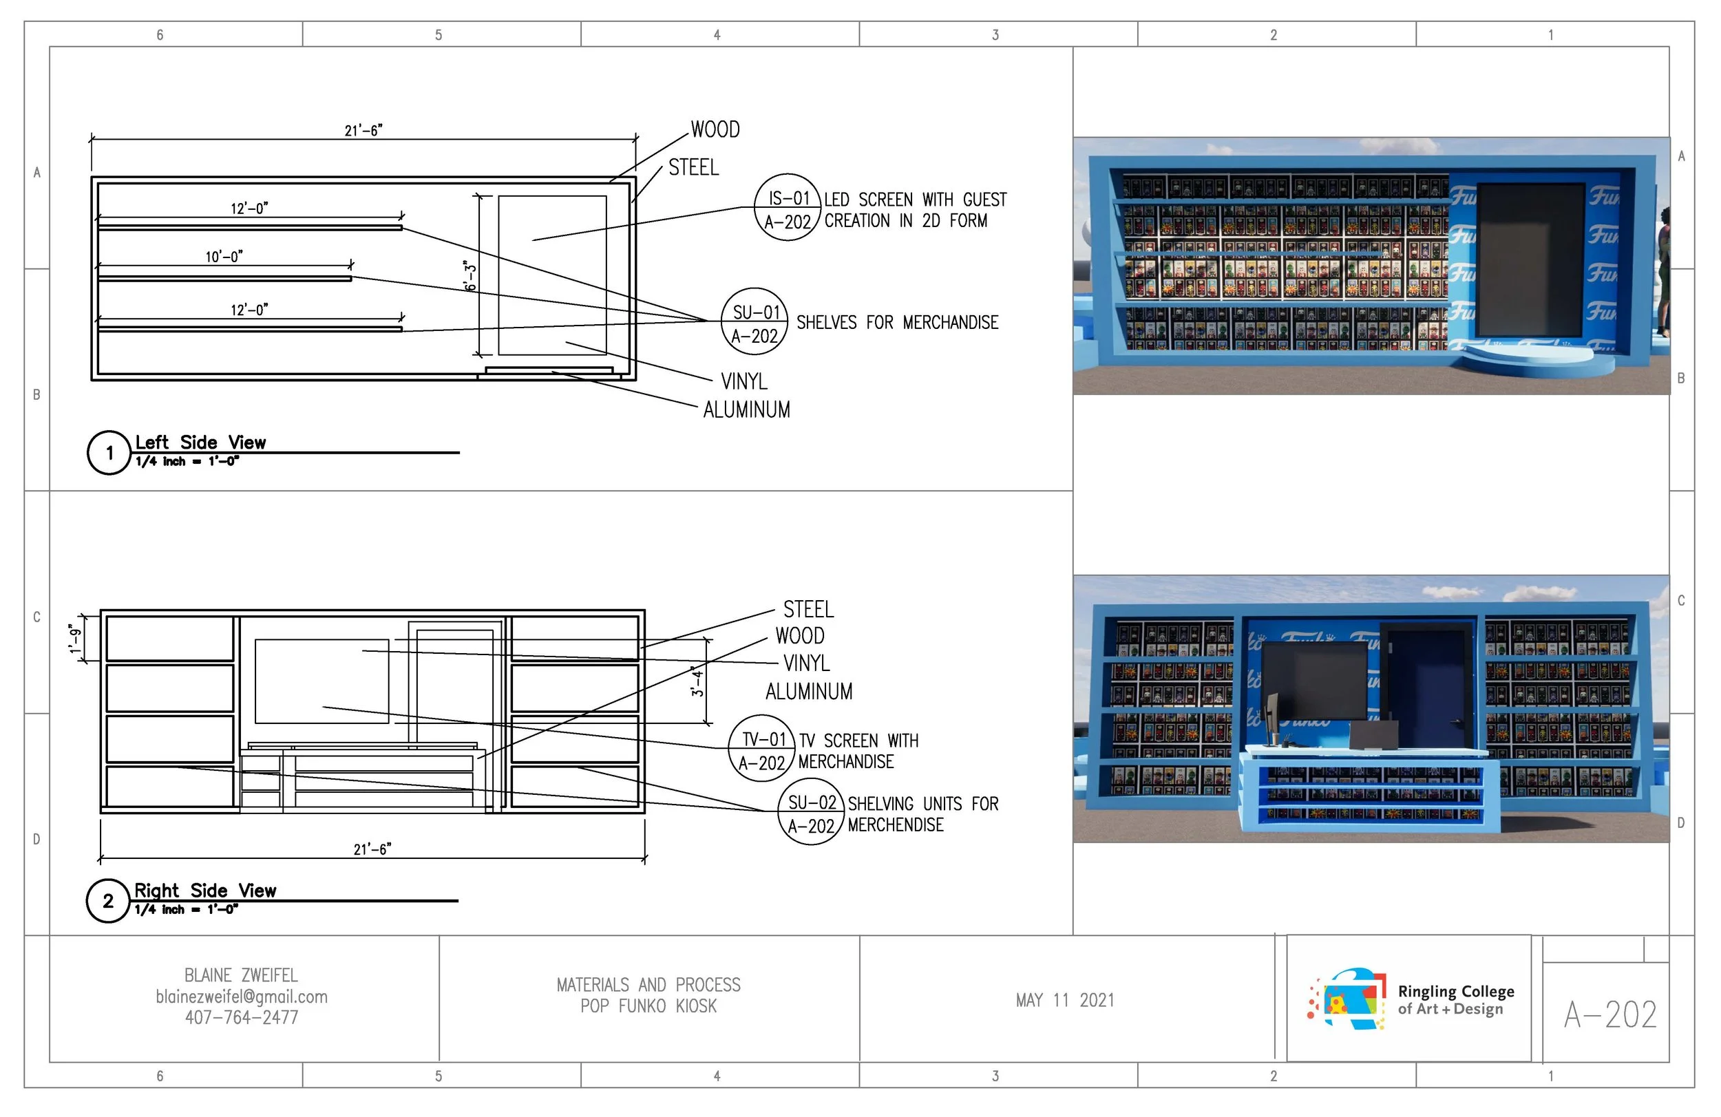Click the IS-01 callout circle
pyautogui.click(x=788, y=207)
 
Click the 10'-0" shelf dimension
pyautogui.click(x=224, y=257)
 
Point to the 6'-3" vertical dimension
pyautogui.click(x=471, y=276)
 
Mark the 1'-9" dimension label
pyautogui.click(x=75, y=638)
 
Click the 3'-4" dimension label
pyautogui.click(x=697, y=681)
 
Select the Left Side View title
pyautogui.click(x=200, y=442)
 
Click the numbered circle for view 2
pyautogui.click(x=109, y=901)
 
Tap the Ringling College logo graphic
pyautogui.click(x=1347, y=999)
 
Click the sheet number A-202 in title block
pyautogui.click(x=1609, y=1014)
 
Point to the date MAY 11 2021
pyautogui.click(x=1064, y=1000)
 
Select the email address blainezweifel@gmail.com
pyautogui.click(x=242, y=997)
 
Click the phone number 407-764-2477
pyautogui.click(x=242, y=1017)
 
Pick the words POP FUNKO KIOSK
pyautogui.click(x=648, y=1006)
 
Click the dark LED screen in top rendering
pyautogui.click(x=1531, y=259)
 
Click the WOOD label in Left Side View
pyautogui.click(x=715, y=129)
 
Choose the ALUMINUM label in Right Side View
pyautogui.click(x=808, y=691)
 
